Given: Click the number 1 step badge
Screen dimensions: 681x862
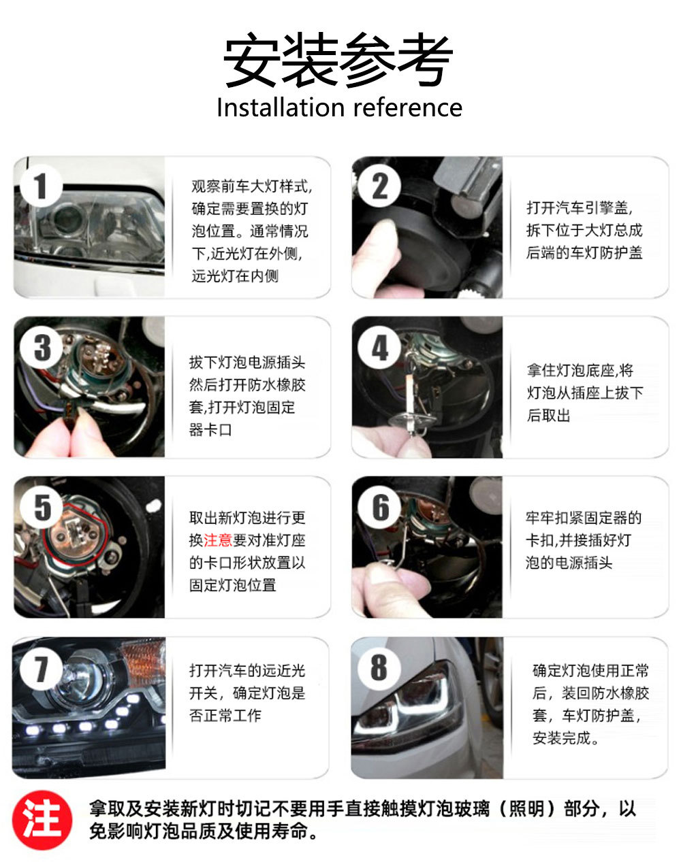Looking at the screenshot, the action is tap(42, 186).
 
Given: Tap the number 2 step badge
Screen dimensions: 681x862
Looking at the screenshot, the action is tap(379, 186).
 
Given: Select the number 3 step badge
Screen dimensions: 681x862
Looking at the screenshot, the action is tap(42, 347).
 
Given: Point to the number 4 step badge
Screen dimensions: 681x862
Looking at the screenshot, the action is tap(379, 347).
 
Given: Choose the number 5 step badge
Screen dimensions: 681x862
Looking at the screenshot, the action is tap(42, 508).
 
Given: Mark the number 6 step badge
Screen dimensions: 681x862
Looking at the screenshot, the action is tap(379, 508).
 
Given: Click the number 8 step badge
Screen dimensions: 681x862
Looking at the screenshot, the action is tap(379, 667).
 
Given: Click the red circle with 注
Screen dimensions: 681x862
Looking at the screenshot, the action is tap(42, 820).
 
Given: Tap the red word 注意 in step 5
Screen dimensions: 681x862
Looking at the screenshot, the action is tap(218, 540).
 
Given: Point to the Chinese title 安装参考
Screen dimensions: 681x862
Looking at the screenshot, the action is tap(338, 60).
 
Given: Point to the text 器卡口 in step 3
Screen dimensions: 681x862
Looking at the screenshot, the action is tap(210, 430).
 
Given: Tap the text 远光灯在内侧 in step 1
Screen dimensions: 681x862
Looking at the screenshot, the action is tap(235, 276).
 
